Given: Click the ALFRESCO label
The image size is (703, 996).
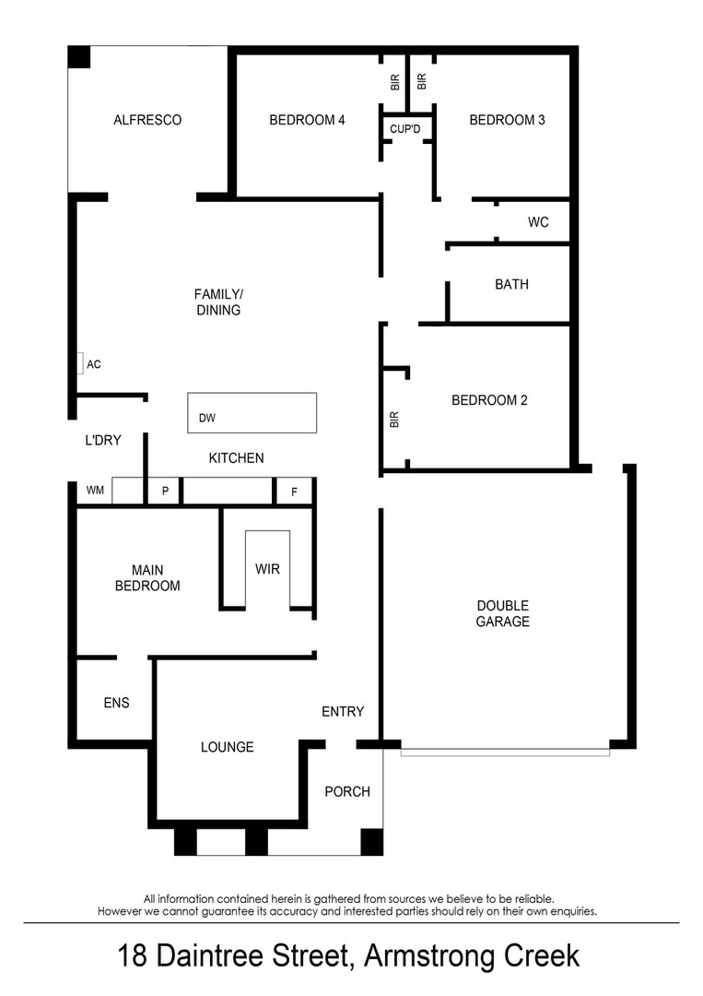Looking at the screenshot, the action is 147,120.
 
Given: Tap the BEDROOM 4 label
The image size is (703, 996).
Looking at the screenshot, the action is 307,120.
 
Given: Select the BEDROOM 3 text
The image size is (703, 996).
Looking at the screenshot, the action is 507,120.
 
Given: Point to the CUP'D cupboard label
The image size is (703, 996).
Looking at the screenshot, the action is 404,129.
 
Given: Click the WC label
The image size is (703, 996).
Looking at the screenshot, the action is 538,222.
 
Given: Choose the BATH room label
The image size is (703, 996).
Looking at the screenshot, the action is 511,285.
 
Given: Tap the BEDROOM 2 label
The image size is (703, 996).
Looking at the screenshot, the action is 489,400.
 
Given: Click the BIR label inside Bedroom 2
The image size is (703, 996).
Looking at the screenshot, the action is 394,420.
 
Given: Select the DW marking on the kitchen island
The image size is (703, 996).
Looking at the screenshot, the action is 206,418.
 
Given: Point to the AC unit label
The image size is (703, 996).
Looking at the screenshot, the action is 94,364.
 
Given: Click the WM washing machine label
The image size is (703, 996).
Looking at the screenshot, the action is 95,490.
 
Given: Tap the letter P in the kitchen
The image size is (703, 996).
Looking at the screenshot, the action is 165,491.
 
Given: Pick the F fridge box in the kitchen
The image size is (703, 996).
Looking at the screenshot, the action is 294,492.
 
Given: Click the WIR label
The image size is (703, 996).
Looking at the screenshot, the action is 267,569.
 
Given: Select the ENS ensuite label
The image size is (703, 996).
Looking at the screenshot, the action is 116,703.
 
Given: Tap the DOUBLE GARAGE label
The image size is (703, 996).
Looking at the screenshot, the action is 502,613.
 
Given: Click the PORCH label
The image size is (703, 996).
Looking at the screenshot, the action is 347,792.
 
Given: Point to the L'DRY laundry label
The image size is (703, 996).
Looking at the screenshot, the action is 103,440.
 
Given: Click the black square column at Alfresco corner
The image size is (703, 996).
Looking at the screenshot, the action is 79,57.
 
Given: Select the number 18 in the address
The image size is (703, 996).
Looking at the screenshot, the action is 132,955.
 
